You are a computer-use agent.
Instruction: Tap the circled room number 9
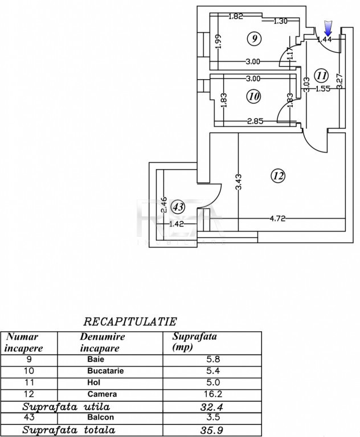pyautogui.click(x=254, y=38)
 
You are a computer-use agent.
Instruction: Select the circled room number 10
pyautogui.click(x=254, y=96)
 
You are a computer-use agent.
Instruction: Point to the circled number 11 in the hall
pyautogui.click(x=321, y=76)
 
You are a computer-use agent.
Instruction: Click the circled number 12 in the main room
pyautogui.click(x=279, y=176)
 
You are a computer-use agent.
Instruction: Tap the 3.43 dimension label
pyautogui.click(x=239, y=182)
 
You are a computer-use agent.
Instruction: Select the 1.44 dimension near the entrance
pyautogui.click(x=325, y=39)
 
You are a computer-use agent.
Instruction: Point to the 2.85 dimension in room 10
pyautogui.click(x=255, y=121)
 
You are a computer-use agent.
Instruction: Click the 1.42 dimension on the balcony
pyautogui.click(x=177, y=224)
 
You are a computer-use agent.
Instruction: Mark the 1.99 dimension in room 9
pyautogui.click(x=218, y=41)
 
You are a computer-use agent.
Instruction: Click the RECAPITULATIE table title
pyautogui.click(x=130, y=321)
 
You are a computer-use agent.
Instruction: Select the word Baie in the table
pyautogui.click(x=96, y=359)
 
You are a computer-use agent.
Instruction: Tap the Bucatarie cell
pyautogui.click(x=105, y=370)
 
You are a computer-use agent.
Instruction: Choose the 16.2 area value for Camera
pyautogui.click(x=213, y=394)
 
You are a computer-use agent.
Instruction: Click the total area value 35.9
pyautogui.click(x=211, y=430)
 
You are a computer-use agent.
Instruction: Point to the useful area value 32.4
pyautogui.click(x=211, y=407)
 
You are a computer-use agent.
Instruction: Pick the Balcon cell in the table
pyautogui.click(x=100, y=417)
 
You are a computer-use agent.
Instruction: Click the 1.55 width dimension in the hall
pyautogui.click(x=323, y=89)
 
